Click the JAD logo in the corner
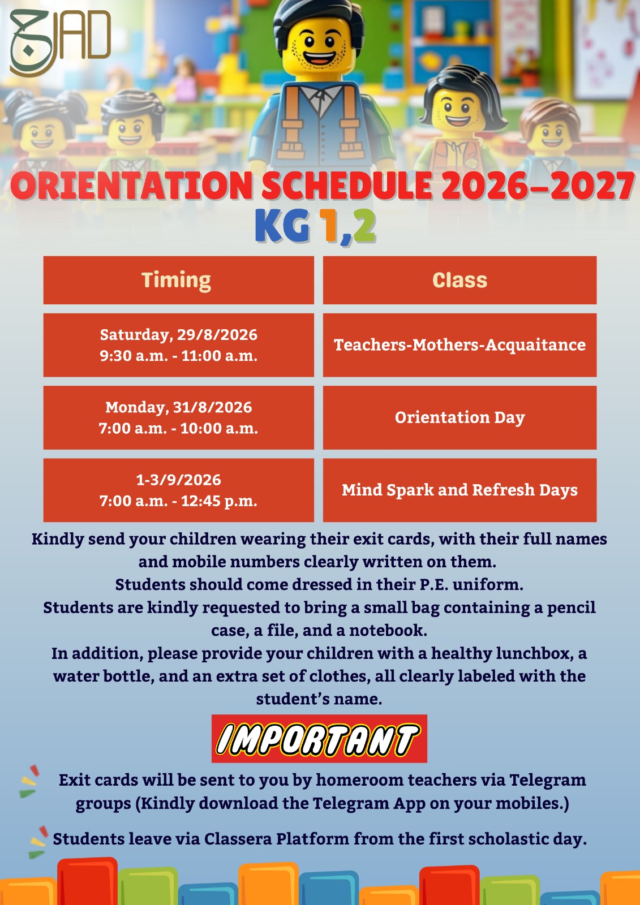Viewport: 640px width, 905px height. [x=60, y=42]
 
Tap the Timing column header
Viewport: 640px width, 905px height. [x=178, y=280]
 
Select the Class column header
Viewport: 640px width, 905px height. [x=459, y=280]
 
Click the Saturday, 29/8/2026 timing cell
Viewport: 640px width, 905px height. [x=178, y=345]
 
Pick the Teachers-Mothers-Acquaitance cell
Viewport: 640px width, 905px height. [x=459, y=345]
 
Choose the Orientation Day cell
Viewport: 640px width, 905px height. [x=459, y=417]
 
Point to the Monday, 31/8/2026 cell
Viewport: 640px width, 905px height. [x=178, y=417]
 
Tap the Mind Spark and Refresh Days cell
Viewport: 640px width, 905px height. [x=459, y=490]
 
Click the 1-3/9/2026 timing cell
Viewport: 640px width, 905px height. [x=178, y=490]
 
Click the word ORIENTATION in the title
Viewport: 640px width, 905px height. [x=132, y=186]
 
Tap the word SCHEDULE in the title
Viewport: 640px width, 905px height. [x=347, y=186]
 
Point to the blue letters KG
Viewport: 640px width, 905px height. [x=282, y=226]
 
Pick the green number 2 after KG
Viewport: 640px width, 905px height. [x=364, y=226]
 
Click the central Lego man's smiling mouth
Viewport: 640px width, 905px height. [x=319, y=57]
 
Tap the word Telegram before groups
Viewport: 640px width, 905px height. [x=547, y=780]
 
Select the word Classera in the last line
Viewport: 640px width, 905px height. [x=238, y=839]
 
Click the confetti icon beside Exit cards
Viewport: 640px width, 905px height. [x=29, y=781]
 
